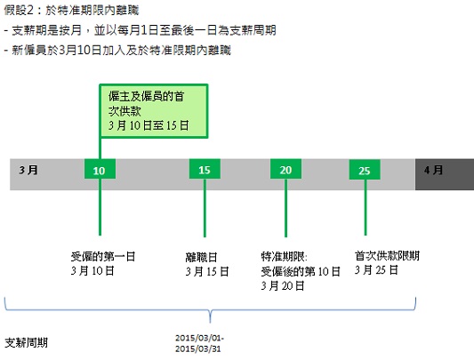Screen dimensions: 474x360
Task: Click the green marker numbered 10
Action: [x=100, y=169]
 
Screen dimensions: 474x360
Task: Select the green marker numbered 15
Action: [x=205, y=169]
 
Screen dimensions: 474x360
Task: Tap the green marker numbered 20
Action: [x=285, y=169]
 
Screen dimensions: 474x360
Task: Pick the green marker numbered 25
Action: [x=365, y=170]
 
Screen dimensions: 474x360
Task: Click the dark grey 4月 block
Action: [x=445, y=174]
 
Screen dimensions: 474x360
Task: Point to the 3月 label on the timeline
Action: [x=28, y=170]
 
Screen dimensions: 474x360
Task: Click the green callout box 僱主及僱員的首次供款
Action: [x=154, y=111]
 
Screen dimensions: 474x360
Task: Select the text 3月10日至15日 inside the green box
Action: [x=149, y=125]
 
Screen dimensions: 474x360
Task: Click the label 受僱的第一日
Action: [x=103, y=257]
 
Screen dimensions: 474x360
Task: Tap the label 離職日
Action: [x=201, y=257]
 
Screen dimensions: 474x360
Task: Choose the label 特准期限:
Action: [x=285, y=257]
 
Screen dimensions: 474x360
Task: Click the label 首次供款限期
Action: [x=387, y=256]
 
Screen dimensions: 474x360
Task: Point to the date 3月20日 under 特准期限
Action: [x=283, y=285]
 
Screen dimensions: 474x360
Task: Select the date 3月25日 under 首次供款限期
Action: [x=376, y=269]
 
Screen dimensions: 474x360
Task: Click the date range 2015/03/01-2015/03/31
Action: [x=199, y=343]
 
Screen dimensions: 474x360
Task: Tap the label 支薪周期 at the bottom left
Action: [x=27, y=343]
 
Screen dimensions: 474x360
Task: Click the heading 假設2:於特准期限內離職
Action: [x=71, y=11]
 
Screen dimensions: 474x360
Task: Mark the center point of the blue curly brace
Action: [x=211, y=310]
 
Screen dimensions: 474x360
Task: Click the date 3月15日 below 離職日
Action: [x=207, y=271]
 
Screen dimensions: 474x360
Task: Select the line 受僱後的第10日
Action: [x=301, y=271]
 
